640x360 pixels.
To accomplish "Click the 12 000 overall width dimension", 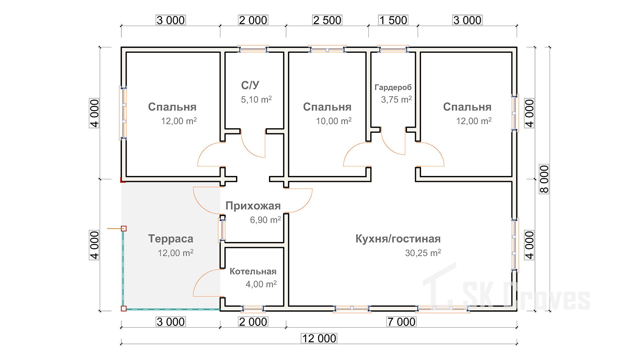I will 319,338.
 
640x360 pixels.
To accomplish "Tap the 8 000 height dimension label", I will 544,179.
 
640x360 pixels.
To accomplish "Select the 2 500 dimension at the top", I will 327,20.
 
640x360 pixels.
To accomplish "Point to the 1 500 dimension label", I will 393,20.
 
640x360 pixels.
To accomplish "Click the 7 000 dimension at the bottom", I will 401,322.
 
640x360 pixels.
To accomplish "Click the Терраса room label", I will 171,239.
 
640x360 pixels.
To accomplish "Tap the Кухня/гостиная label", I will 398,239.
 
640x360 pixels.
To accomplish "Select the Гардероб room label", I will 393,87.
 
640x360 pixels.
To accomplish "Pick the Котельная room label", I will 253,271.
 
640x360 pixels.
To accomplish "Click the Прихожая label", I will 253,206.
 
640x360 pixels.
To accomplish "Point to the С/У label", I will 250,85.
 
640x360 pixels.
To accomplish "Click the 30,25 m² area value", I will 423,253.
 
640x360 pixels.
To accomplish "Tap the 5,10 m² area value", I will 256,99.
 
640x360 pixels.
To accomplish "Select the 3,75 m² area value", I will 396,99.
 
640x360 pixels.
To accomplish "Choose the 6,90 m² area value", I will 265,220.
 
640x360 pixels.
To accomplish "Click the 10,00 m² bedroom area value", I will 334,121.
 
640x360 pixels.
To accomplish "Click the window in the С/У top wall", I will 253,50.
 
